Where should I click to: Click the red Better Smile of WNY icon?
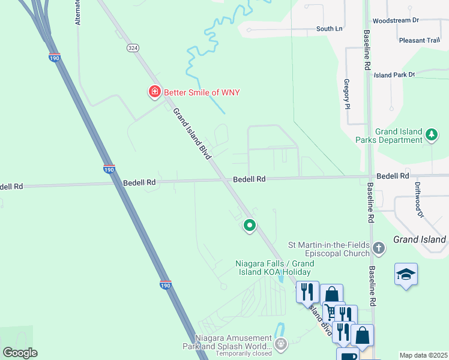click(x=154, y=92)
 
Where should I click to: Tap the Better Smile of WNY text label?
click(x=197, y=92)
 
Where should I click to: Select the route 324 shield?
click(x=132, y=47)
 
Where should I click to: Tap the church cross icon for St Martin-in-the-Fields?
click(x=378, y=248)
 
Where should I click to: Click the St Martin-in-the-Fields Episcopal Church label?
click(x=328, y=248)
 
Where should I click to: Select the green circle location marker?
click(x=250, y=226)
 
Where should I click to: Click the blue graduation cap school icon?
click(x=406, y=275)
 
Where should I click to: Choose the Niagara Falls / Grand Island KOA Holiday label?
click(x=274, y=268)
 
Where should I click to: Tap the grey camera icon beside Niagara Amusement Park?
click(x=280, y=344)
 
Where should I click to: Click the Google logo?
click(x=20, y=353)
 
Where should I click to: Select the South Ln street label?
click(x=329, y=29)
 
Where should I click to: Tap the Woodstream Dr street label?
click(x=395, y=20)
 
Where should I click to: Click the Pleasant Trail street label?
click(x=420, y=41)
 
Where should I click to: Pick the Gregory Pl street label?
click(x=346, y=94)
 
